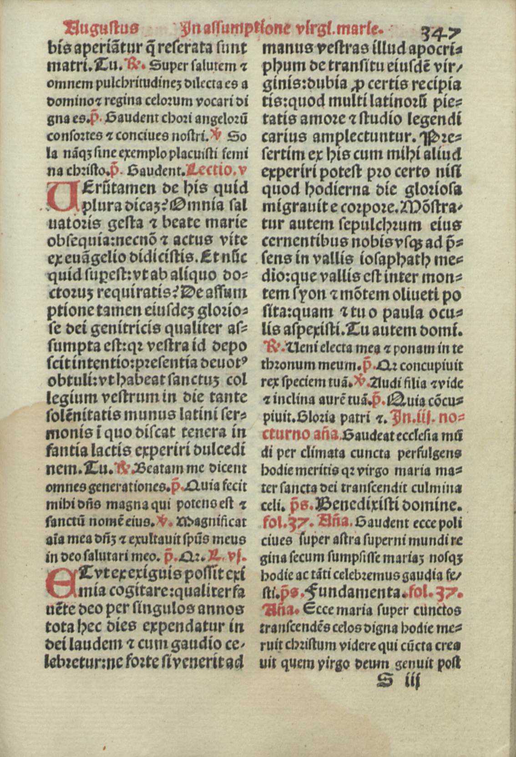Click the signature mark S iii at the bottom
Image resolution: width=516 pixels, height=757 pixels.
(x=399, y=680)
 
